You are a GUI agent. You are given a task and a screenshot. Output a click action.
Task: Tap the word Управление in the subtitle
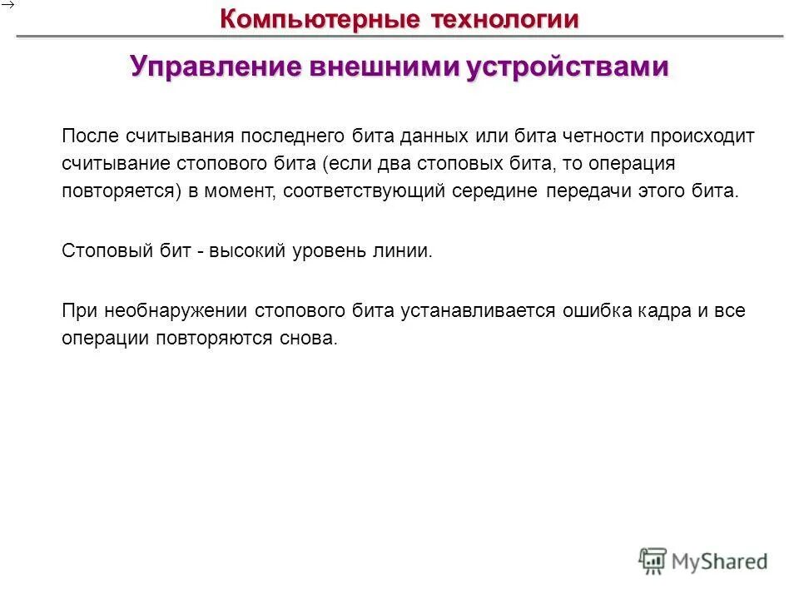tap(215, 67)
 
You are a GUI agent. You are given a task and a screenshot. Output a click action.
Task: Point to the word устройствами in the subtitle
tap(567, 67)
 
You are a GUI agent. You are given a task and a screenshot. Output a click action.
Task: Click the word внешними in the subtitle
tap(382, 67)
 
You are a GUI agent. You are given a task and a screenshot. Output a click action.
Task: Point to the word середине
tap(496, 192)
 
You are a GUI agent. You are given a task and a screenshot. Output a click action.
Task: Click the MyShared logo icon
tap(653, 562)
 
